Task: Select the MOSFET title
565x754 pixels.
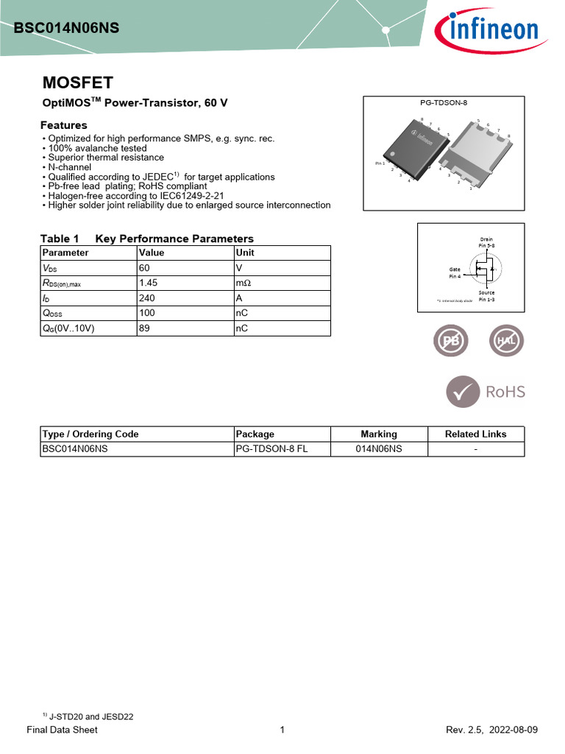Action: click(77, 82)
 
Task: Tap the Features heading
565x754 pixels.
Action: click(63, 125)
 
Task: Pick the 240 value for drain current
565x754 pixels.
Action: click(147, 298)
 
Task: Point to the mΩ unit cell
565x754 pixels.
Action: click(244, 283)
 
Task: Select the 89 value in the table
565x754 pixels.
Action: click(144, 329)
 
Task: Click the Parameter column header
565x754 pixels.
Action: click(65, 253)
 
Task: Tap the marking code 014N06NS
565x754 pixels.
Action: click(379, 448)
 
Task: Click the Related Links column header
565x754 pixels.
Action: click(475, 434)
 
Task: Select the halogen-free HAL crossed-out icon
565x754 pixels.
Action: click(507, 342)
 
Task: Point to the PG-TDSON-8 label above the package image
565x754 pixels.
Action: click(444, 104)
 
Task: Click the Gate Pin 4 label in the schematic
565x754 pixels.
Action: click(455, 272)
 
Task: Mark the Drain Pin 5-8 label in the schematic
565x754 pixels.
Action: click(486, 242)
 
